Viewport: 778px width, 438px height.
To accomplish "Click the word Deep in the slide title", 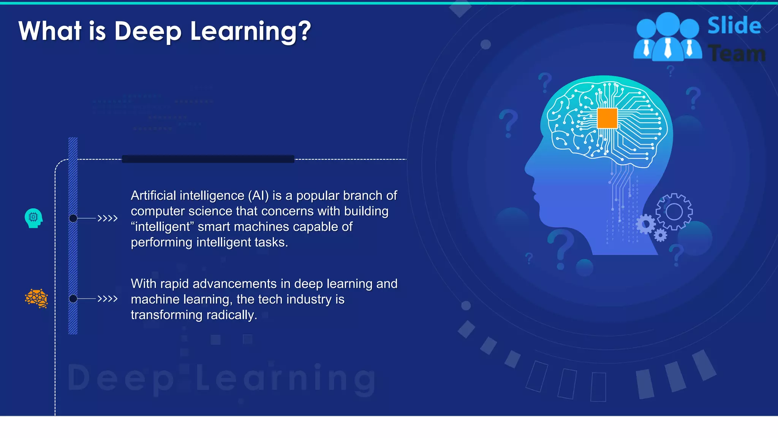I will pos(148,31).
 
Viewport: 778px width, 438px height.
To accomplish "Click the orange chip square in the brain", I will pos(607,118).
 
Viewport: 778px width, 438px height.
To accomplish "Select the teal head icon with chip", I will pos(33,218).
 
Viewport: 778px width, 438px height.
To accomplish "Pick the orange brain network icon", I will pos(36,298).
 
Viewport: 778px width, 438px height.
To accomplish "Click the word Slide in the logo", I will pos(734,26).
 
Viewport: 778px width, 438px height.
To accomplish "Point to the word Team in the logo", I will pos(737,54).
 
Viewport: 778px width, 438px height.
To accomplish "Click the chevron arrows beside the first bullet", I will pos(108,218).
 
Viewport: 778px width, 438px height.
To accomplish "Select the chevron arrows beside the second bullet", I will pos(108,298).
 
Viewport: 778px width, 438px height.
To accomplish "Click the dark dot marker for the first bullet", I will pos(73,218).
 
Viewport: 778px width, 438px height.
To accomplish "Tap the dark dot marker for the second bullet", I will pos(73,298).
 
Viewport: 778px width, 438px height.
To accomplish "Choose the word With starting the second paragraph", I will pos(144,284).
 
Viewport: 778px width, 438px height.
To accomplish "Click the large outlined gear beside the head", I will pos(674,212).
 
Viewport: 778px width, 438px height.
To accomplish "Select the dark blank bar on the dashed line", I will pos(208,159).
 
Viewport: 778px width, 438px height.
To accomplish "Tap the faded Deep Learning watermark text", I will pos(222,378).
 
